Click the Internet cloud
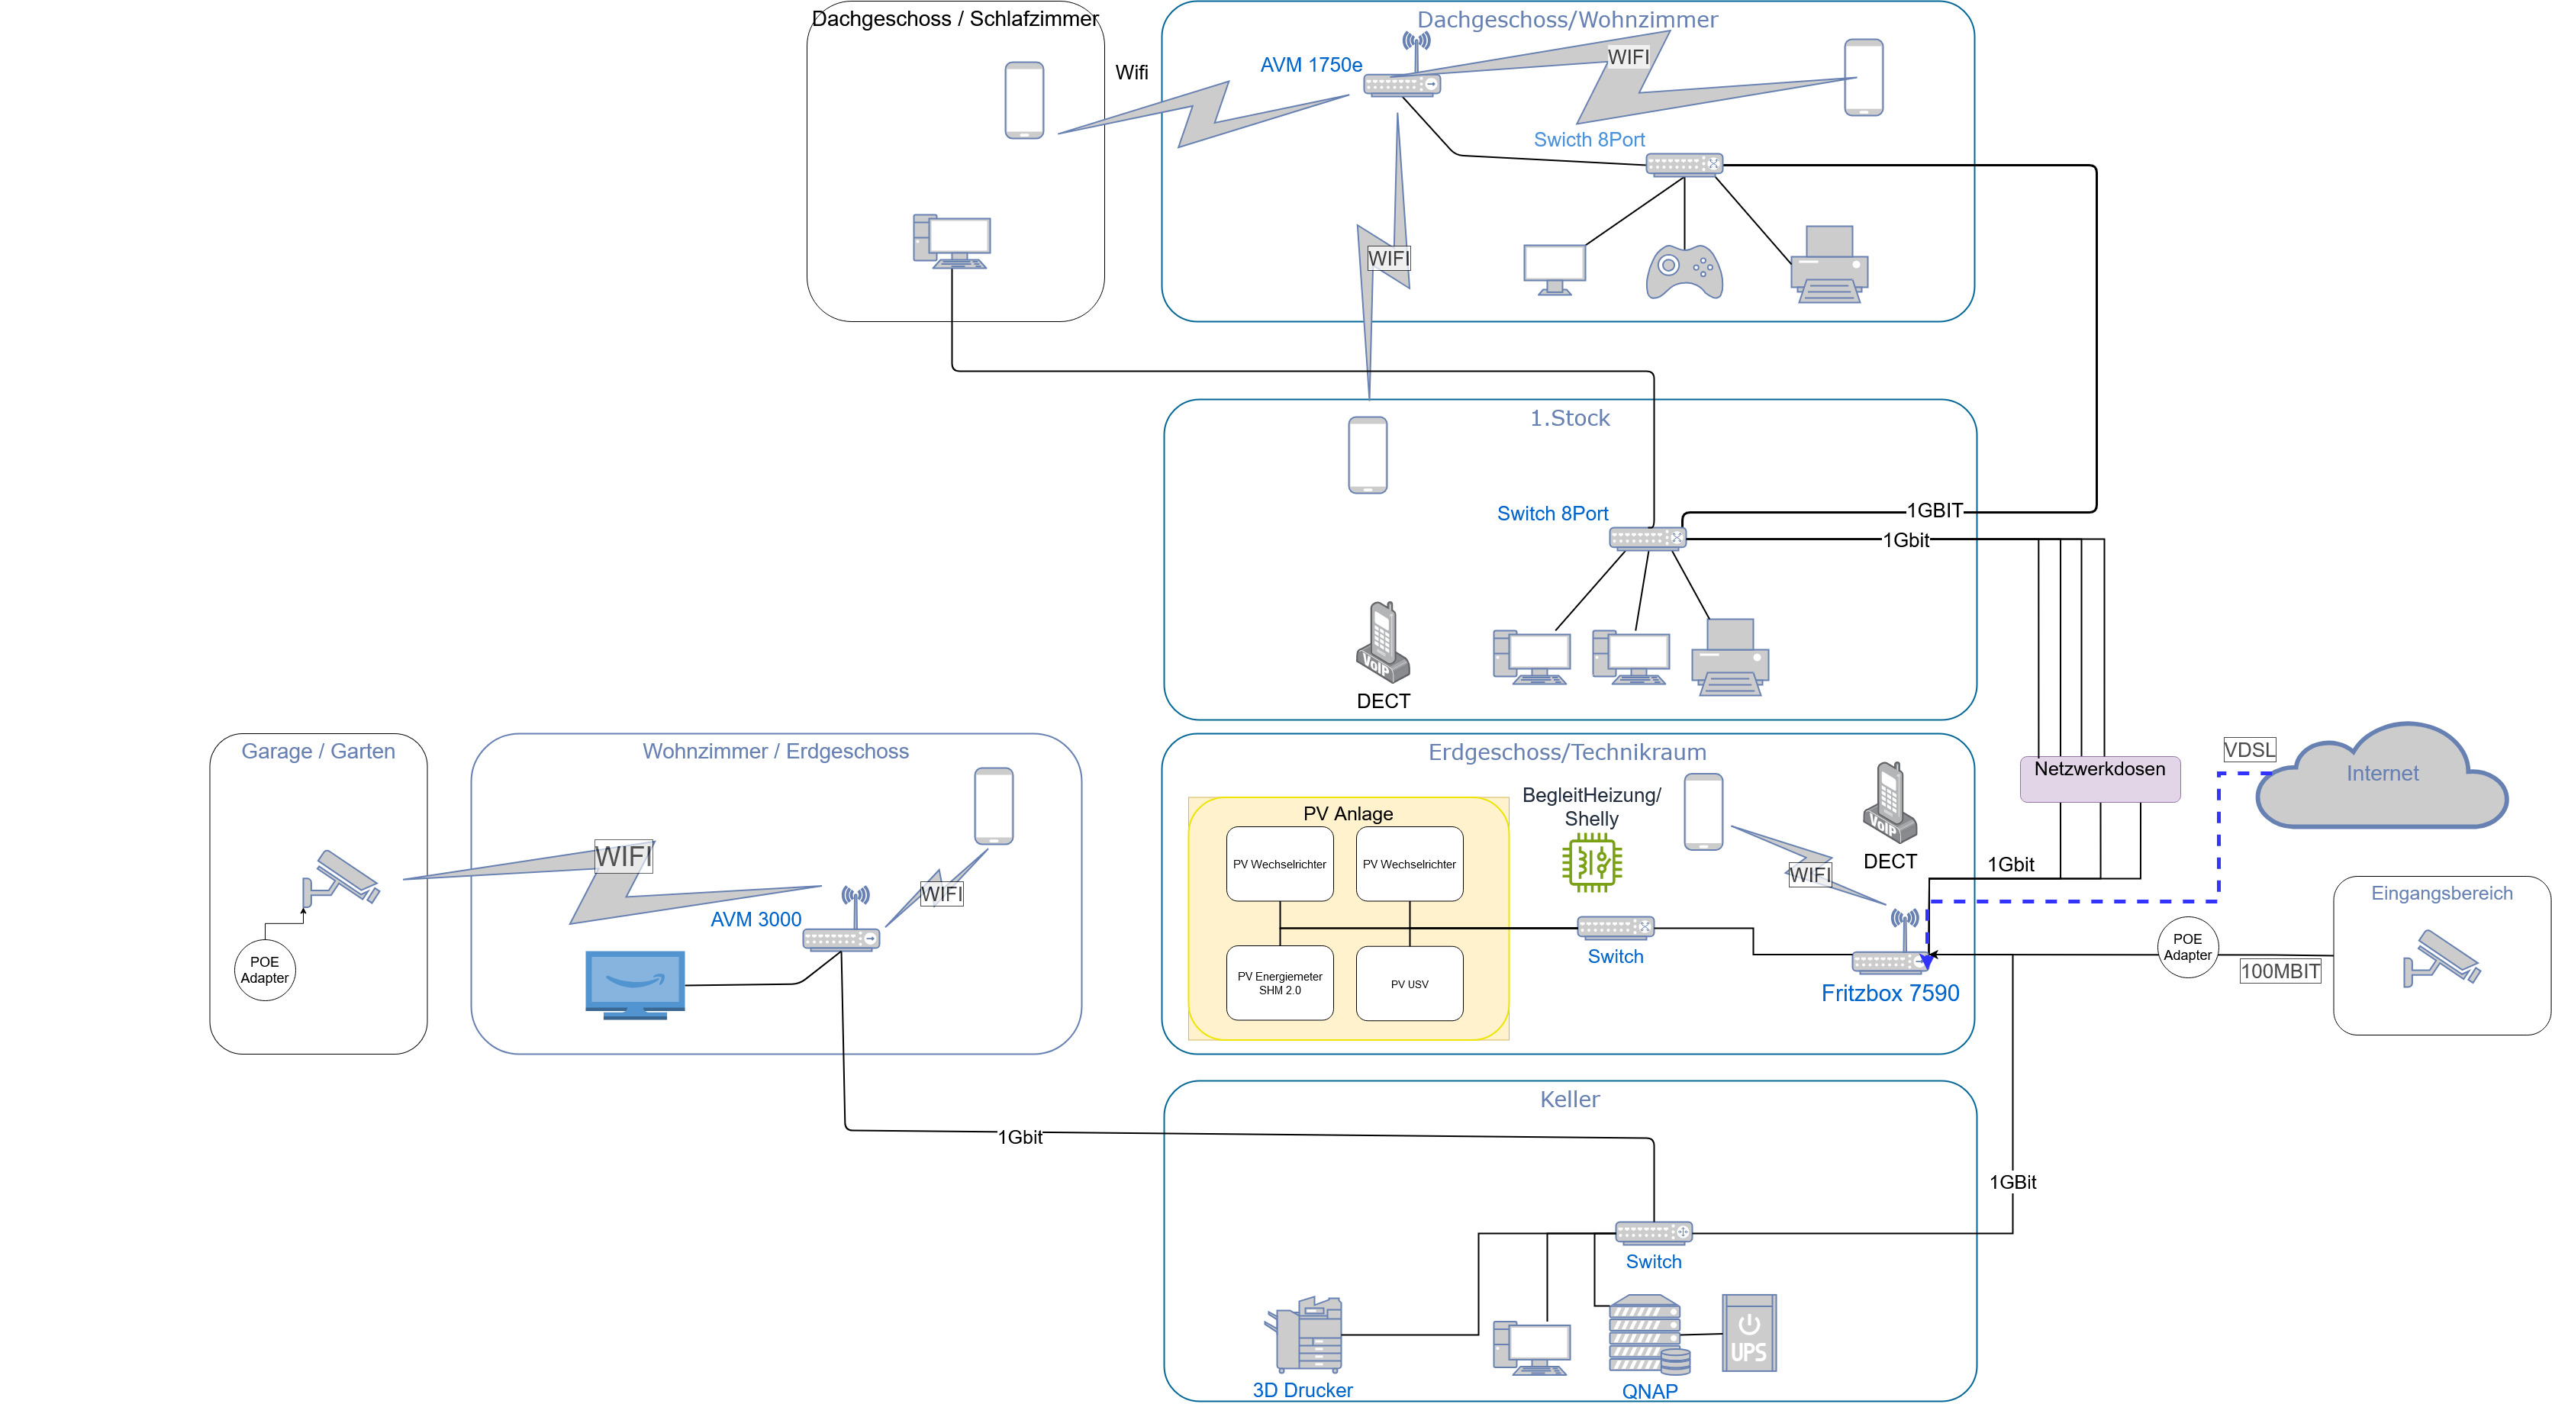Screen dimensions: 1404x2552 click(2382, 778)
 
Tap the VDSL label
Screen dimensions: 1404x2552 click(2249, 749)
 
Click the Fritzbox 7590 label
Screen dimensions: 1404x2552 click(1890, 993)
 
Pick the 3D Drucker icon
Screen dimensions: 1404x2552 click(1305, 1334)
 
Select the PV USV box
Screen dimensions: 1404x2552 click(1409, 984)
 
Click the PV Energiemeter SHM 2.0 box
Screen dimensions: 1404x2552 click(1279, 983)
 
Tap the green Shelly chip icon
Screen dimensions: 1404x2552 click(1591, 862)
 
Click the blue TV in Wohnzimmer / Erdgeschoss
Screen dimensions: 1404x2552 click(635, 984)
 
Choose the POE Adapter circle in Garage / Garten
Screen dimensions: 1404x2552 click(265, 970)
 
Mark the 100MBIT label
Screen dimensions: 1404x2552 click(2280, 971)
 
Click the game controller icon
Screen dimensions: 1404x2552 click(1684, 272)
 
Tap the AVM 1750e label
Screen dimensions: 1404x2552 click(1310, 66)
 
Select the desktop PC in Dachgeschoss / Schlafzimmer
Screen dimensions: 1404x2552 click(951, 242)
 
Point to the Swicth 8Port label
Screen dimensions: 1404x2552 click(1589, 140)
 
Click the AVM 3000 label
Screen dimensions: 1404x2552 click(756, 919)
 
